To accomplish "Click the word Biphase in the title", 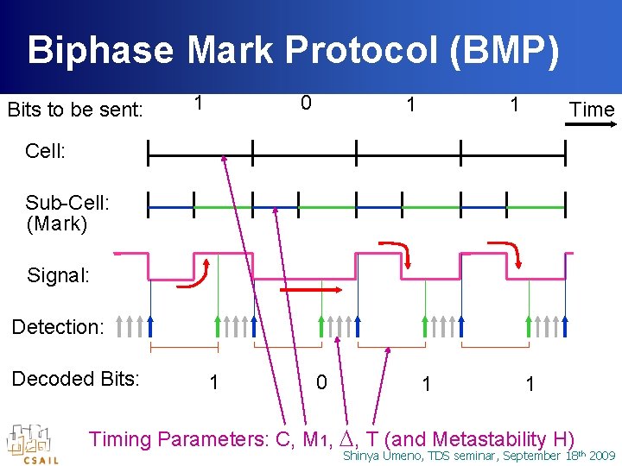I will (102, 50).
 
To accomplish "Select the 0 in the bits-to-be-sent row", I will (305, 104).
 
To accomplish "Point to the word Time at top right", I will (591, 110).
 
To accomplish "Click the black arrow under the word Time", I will (590, 125).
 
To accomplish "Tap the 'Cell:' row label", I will (45, 151).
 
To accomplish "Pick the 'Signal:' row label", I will (58, 276).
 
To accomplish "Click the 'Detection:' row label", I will (57, 327).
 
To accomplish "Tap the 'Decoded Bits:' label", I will (74, 379).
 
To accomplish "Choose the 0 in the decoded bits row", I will (321, 381).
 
